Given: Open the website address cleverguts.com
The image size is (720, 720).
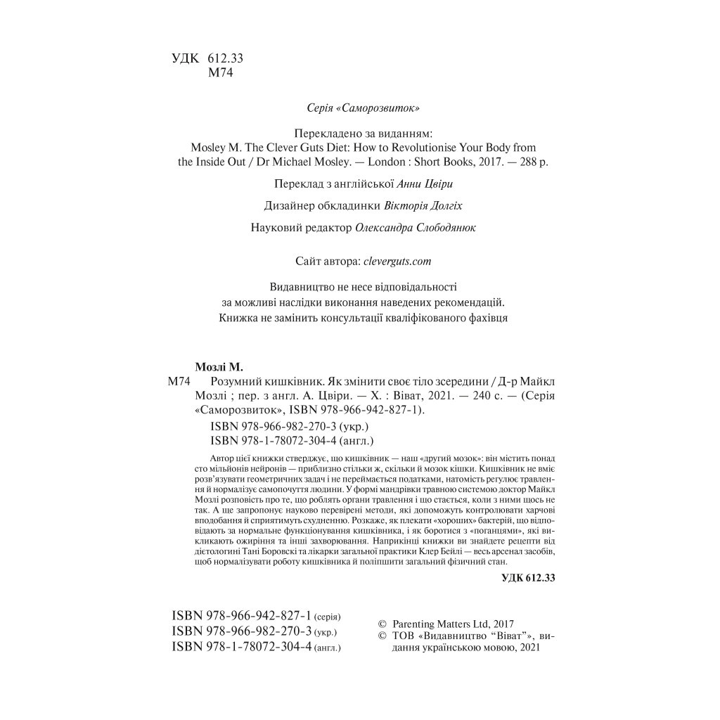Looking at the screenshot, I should (396, 261).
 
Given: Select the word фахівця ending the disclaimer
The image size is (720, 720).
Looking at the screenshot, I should (484, 318).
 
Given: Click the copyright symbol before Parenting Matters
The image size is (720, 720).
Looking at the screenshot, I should (382, 624).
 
